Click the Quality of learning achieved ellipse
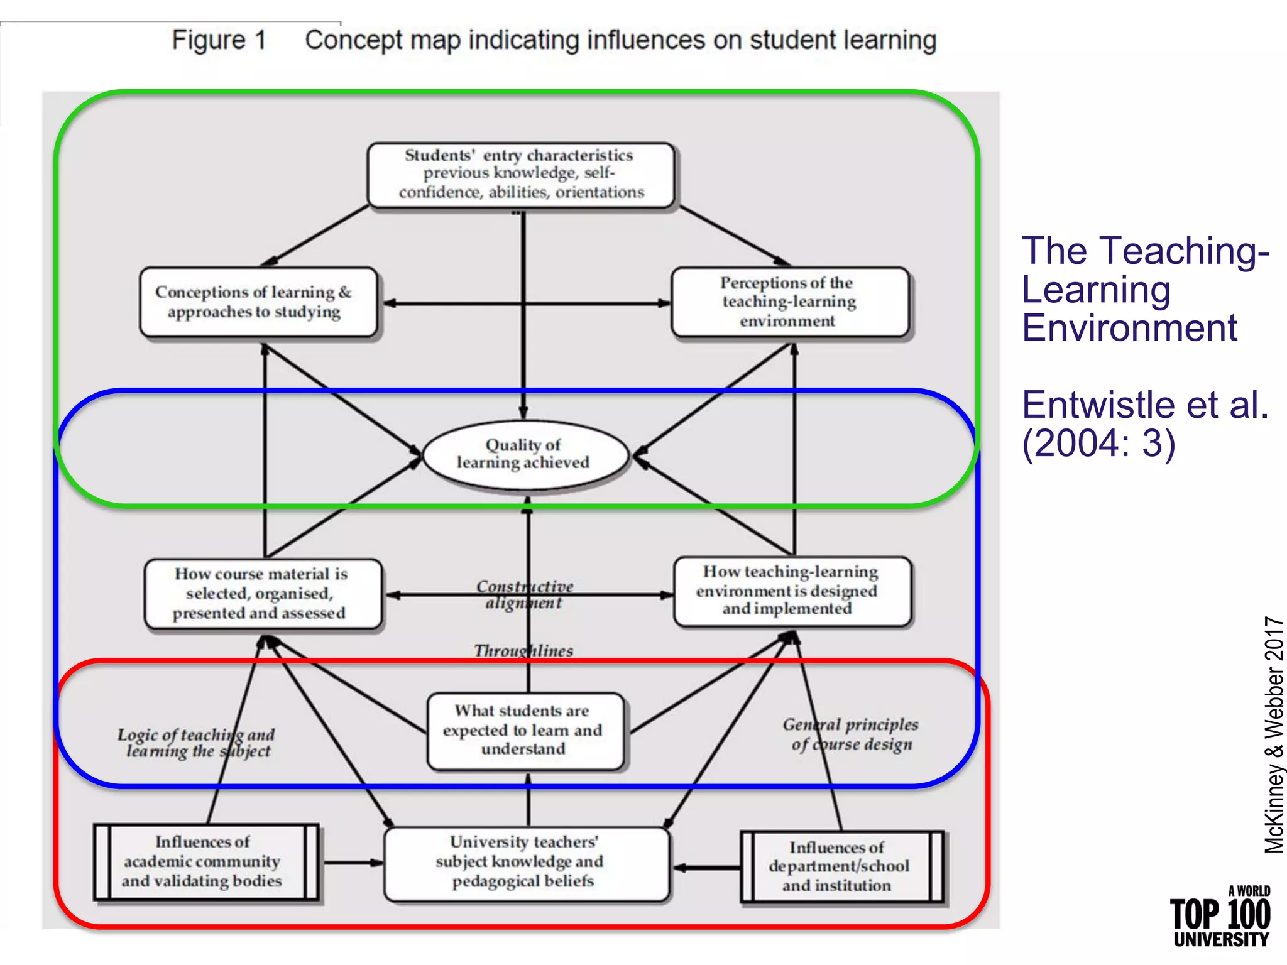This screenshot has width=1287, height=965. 525,454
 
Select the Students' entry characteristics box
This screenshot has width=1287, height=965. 521,174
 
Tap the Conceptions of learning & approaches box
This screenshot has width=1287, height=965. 258,302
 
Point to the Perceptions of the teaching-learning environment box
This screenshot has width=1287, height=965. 789,302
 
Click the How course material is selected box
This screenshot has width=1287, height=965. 263,594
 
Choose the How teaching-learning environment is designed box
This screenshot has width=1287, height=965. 792,591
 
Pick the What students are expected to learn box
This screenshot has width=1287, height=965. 525,730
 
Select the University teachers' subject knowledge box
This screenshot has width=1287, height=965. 525,862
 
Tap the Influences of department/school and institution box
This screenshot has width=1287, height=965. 841,867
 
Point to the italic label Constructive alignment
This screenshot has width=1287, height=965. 525,594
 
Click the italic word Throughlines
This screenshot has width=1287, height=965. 523,651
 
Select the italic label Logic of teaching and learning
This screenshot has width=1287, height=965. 196,743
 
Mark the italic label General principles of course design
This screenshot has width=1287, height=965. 851,734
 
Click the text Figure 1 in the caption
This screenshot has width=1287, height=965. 219,40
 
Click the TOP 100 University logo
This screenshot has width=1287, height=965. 1220,917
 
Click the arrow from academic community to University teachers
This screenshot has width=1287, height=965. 352,863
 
